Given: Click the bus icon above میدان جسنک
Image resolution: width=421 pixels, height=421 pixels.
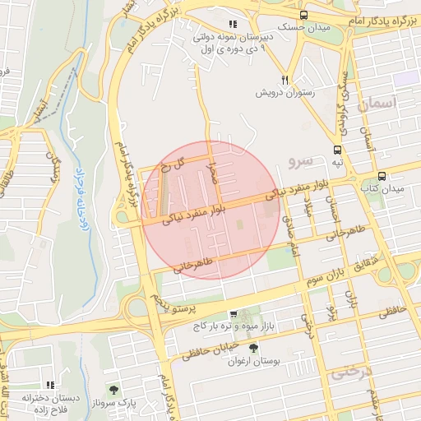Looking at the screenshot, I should [x=304, y=15].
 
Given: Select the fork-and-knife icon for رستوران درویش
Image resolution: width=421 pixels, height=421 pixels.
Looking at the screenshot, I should [x=285, y=80].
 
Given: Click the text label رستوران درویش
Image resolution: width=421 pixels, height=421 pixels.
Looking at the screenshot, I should [x=285, y=93].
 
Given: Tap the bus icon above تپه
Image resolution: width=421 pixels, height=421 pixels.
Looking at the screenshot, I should [x=336, y=150].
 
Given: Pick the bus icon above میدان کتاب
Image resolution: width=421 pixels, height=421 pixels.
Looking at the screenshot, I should [x=382, y=176].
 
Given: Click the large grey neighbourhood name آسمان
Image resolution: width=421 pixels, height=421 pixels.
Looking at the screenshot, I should [x=377, y=104].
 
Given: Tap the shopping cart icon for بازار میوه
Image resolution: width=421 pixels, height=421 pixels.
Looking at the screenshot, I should [x=234, y=314].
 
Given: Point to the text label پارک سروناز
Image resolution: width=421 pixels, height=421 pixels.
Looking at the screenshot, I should [x=113, y=403].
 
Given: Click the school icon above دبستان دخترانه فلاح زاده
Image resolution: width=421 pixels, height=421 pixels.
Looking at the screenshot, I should [x=50, y=384].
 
